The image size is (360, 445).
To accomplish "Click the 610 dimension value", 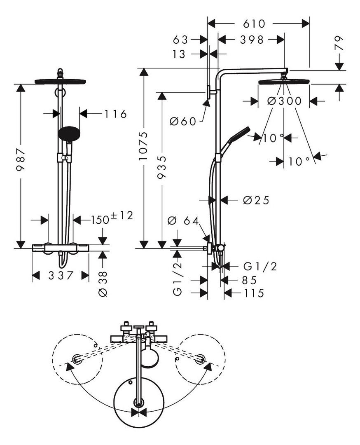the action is coord(254,24).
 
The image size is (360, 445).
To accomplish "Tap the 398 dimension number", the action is coord(252,40).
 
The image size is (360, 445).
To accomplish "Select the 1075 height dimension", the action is coord(144,146).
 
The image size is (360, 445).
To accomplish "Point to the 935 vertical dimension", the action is coord(162,167).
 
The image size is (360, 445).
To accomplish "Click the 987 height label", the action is coord(21,160).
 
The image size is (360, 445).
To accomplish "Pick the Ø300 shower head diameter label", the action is coord(284,101).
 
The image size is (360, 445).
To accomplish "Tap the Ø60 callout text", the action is coord(183,122).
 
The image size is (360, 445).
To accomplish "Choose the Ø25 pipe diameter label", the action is coord(256,200).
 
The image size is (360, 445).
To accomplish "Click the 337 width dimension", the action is coord(61,275).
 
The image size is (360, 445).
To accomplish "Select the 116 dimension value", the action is coord(115,114).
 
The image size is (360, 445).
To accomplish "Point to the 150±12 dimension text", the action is coord(112,218).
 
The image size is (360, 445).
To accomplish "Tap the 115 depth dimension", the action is coord(254,293).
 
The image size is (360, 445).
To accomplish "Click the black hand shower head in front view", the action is coord(69,133).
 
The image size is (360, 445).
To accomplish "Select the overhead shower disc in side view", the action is coord(284,82).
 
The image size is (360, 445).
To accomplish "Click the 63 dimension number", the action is coord(181,40).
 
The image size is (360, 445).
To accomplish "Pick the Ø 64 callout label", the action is coord(183,220).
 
